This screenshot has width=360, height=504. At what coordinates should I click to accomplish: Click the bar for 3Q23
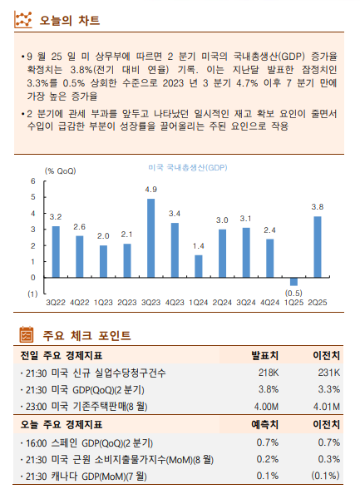click(150, 238)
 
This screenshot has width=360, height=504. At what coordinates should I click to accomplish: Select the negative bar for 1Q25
click(293, 281)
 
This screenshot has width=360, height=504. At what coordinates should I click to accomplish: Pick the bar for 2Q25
click(318, 246)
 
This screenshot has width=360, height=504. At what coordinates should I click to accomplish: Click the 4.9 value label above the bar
click(150, 190)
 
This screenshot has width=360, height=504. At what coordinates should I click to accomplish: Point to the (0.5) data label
click(293, 293)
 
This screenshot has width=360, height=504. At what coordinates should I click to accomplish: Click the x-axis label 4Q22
click(80, 302)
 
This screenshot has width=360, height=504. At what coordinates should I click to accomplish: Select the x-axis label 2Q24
click(222, 302)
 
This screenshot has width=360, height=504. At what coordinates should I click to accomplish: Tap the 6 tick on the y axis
click(33, 181)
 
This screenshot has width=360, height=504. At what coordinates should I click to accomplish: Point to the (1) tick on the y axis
click(32, 294)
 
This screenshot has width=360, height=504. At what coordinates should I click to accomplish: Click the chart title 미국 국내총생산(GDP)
click(187, 167)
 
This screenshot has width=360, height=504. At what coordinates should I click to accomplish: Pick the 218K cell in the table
click(267, 372)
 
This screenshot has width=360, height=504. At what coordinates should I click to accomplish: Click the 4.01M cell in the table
click(324, 407)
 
